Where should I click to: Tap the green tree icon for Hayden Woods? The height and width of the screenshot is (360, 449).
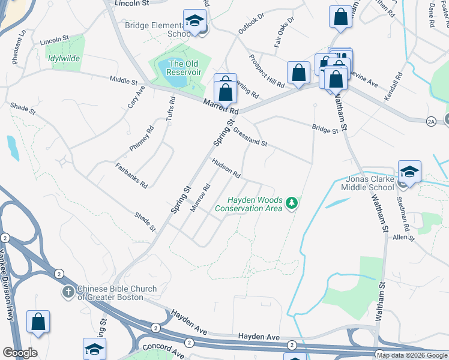(292, 204)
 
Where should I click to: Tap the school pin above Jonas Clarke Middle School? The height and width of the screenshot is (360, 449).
(409, 172)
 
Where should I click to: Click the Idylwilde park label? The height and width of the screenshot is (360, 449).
(62, 59)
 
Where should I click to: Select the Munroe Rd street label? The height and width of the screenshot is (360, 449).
(199, 198)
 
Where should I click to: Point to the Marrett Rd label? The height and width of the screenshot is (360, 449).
(221, 107)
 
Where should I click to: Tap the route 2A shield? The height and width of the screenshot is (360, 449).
(431, 122)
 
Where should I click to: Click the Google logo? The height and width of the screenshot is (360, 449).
(20, 353)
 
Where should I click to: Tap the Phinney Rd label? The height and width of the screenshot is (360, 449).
(142, 139)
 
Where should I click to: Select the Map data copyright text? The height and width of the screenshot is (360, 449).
(411, 355)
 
